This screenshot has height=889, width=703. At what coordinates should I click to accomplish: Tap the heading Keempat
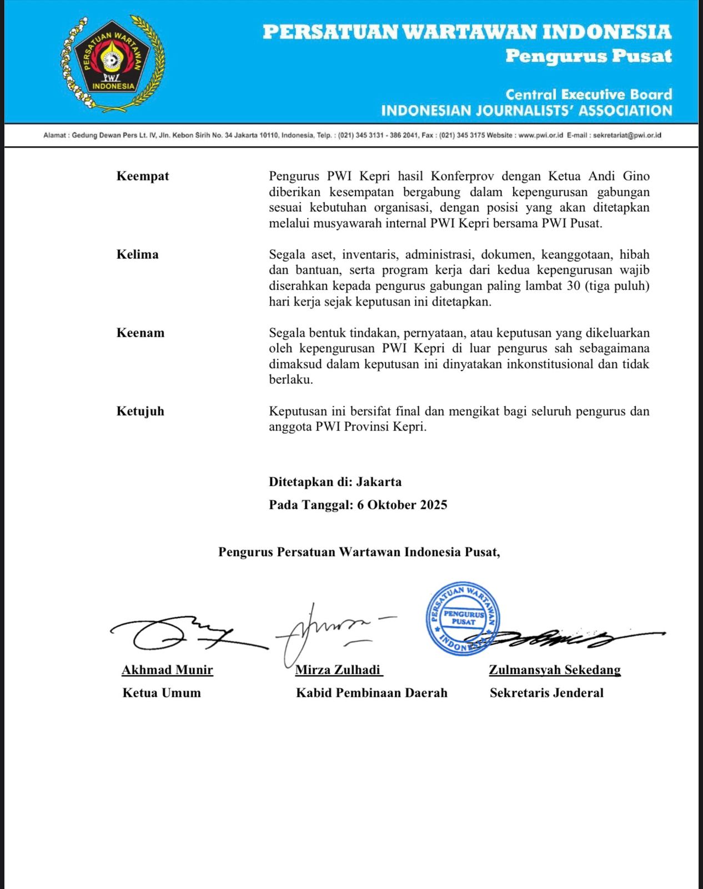[x=143, y=176]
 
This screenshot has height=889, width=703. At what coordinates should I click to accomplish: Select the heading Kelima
[x=137, y=254]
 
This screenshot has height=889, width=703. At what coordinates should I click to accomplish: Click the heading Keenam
[x=140, y=333]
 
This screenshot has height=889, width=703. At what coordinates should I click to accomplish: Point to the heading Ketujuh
[x=140, y=411]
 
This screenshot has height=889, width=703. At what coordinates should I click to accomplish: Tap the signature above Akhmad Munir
[x=178, y=633]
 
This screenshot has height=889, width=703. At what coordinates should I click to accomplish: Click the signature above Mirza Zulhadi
[x=328, y=631]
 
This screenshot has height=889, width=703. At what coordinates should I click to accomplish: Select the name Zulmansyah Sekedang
[x=554, y=670]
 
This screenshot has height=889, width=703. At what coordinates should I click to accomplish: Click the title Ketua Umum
[x=162, y=693]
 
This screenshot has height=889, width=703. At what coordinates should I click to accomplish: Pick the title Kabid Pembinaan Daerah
[x=371, y=693]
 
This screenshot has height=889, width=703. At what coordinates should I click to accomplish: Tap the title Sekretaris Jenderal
[x=546, y=693]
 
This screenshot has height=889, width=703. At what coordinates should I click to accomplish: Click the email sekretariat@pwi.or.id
[x=627, y=135]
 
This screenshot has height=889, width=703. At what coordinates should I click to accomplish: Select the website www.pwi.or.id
[x=541, y=135]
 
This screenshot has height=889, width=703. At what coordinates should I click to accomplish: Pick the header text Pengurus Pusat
[x=588, y=56]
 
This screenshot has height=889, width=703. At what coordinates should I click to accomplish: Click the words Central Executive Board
[x=589, y=94]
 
